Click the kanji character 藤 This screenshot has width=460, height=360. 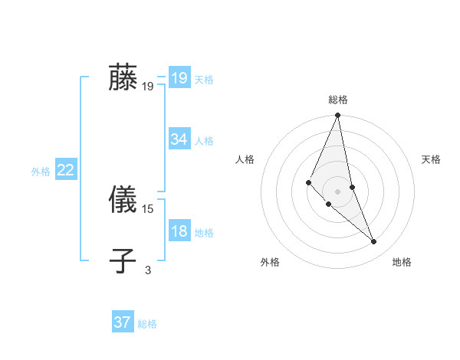tap(123, 78)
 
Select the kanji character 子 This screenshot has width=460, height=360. tap(123, 261)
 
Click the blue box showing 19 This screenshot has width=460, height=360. tap(179, 78)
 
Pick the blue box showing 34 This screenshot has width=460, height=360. tap(179, 139)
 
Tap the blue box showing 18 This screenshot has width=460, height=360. tap(179, 231)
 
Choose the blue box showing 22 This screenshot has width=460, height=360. tap(65, 170)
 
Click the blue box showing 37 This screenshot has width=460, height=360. tap(123, 322)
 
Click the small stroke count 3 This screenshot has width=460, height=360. tap(148, 270)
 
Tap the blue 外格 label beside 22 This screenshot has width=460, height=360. tap(41, 172)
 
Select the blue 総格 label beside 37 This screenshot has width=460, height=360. tap(147, 324)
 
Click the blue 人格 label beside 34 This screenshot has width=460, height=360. tap(204, 141)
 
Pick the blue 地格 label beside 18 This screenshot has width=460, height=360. tap(204, 233)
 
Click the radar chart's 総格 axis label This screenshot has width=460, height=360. tap(338, 100)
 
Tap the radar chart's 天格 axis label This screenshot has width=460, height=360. tap(432, 159)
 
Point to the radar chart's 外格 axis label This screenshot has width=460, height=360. tap(270, 262)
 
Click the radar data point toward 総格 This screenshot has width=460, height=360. tap(338, 116)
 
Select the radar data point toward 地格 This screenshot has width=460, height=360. tap(374, 242)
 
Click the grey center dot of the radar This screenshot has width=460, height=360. tap(338, 191)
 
